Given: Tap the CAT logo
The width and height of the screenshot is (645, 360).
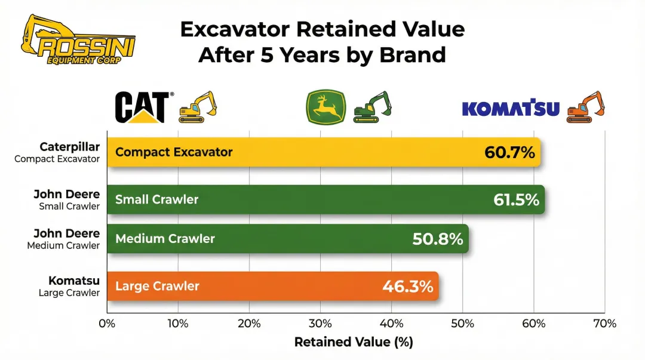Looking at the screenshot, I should (x=141, y=107).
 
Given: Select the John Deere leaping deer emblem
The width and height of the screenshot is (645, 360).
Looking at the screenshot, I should (x=325, y=107).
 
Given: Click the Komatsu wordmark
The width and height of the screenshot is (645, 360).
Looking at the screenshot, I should (x=511, y=109).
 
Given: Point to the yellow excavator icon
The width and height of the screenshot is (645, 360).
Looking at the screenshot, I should (x=197, y=107).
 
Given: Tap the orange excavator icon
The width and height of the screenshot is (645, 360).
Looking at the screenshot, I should (x=585, y=107).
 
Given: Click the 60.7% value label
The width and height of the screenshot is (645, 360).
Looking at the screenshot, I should (x=509, y=152).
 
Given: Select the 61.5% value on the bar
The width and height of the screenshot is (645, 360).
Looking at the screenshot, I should (x=516, y=200).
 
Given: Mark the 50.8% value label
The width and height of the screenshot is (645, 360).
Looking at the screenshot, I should (x=438, y=239).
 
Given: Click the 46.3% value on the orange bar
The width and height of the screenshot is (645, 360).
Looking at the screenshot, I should (x=407, y=287).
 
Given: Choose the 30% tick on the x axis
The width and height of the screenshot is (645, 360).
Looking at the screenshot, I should (x=320, y=324).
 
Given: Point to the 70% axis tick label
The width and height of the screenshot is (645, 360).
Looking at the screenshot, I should (x=604, y=324).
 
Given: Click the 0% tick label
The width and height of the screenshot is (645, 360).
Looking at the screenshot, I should (x=107, y=324).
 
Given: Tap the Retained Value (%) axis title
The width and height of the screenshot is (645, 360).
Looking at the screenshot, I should (x=354, y=343).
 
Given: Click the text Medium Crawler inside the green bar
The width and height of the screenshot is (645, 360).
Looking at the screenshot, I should (x=165, y=239).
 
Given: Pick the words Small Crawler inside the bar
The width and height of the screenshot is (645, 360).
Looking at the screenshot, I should (x=156, y=199).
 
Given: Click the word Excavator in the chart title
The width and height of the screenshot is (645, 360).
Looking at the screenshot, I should (x=238, y=29).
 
